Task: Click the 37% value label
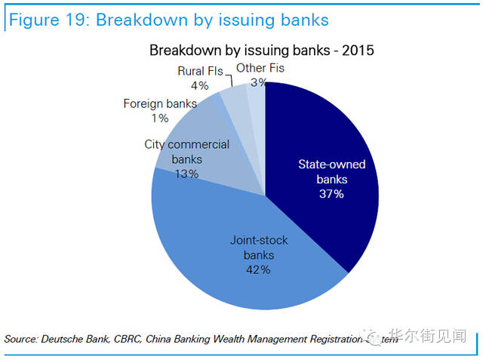pos(331,194)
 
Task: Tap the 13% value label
pos(186,174)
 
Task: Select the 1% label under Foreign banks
pos(159,118)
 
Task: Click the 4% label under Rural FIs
pos(199,85)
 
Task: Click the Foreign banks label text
pos(160,103)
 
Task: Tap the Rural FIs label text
pos(200,71)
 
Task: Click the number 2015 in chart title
pos(356,51)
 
